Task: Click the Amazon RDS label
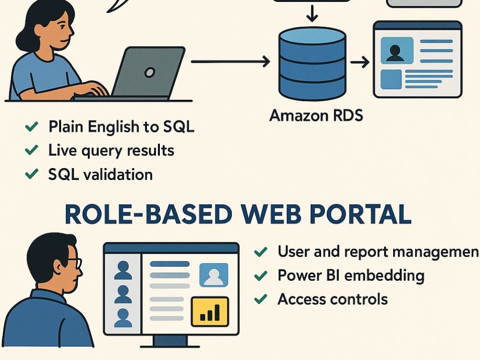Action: coord(316,115)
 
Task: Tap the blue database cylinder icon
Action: coord(312,64)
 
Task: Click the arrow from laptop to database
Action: coord(230,61)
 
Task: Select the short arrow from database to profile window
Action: coord(360,62)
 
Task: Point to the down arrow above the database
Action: coord(312,13)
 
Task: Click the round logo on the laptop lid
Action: coord(149,72)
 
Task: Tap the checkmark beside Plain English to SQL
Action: coord(32,126)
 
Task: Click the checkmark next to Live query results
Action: coord(32,150)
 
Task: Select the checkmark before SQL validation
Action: coord(32,174)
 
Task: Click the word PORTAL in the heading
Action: coord(360,214)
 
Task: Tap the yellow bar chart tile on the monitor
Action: coord(210,312)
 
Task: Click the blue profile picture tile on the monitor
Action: coord(214,275)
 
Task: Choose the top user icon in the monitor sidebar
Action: coord(123,270)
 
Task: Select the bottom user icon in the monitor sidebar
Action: coord(123,318)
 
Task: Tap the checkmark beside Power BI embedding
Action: coord(261,276)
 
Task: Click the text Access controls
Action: coord(333,299)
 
